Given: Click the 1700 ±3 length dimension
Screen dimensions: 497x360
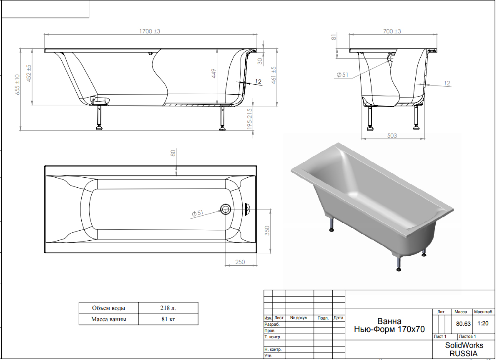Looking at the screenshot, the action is (x=150, y=31).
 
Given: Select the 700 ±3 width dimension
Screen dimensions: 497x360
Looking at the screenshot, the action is (x=392, y=31).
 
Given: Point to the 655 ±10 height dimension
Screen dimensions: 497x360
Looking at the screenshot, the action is (x=17, y=85).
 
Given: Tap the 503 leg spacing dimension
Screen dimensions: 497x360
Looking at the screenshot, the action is (x=392, y=136).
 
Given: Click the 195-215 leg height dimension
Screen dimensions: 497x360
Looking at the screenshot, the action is (x=249, y=118).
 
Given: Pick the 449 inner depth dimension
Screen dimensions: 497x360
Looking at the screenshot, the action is (x=213, y=73).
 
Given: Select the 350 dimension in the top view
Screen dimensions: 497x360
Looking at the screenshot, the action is (x=267, y=231).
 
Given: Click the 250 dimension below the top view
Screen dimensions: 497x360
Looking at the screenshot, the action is (x=240, y=262).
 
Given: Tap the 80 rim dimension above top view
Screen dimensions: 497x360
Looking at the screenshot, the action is (x=173, y=153).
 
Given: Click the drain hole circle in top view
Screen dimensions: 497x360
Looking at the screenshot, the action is (x=226, y=209).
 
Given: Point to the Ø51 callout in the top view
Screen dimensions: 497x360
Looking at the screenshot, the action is (x=197, y=213).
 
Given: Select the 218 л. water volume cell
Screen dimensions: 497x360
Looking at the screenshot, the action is (x=168, y=308).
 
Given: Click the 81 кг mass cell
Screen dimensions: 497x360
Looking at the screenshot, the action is (x=168, y=319).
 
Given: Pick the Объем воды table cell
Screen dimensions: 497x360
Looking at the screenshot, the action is (x=109, y=308).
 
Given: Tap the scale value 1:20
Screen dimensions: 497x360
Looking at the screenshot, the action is (x=483, y=324).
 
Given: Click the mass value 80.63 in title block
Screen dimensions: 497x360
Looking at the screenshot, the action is (x=463, y=324).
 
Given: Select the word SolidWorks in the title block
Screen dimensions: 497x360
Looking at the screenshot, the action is (x=464, y=345).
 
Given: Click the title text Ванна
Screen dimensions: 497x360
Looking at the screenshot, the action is (x=389, y=321).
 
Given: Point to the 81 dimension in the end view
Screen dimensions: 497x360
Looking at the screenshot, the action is (x=334, y=38).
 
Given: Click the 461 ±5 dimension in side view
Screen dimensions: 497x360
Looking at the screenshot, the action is (x=274, y=75).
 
